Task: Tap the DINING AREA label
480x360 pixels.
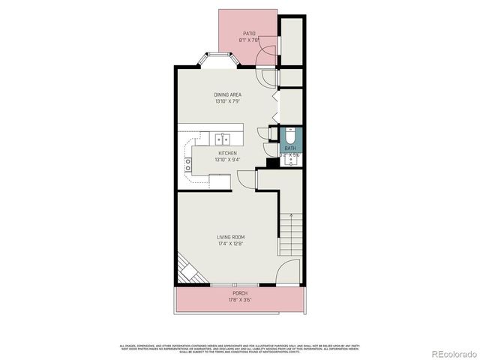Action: tap(228, 95)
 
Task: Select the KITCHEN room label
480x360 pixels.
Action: tap(227, 153)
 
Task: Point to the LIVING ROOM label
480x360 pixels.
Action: tap(230, 238)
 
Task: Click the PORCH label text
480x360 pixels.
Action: tap(239, 293)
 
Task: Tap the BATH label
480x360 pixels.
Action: tap(289, 148)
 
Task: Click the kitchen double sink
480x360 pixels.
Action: tap(223, 139)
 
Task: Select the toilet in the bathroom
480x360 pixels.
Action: tap(290, 136)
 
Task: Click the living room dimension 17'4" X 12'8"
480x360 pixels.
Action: tap(230, 244)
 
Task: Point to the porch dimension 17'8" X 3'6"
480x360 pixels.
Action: tap(239, 300)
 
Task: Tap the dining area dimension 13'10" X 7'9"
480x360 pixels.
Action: tap(228, 102)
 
